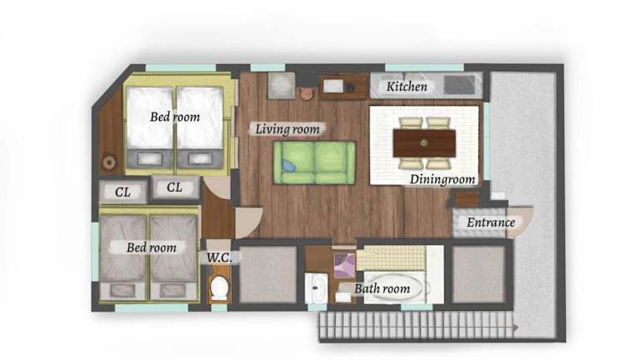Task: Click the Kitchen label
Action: coord(407,87)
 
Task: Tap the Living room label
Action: coord(287,129)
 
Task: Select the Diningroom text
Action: coord(442,179)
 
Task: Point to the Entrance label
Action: coord(491,222)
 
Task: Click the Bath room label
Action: coord(382,288)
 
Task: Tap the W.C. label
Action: coord(219,258)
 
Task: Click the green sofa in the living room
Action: coord(314,162)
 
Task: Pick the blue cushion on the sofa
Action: coord(288,166)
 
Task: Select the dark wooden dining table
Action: coord(424,142)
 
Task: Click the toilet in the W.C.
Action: coord(219,287)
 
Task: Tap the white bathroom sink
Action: coord(316,288)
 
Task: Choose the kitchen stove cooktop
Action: coord(460,85)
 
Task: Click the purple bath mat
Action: coord(344,265)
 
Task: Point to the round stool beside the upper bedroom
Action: coord(109,162)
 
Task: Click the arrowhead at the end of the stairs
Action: coord(516,327)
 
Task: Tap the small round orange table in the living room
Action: coord(306,93)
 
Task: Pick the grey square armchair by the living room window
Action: coord(282,85)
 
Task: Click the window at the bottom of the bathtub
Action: coord(417,307)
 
